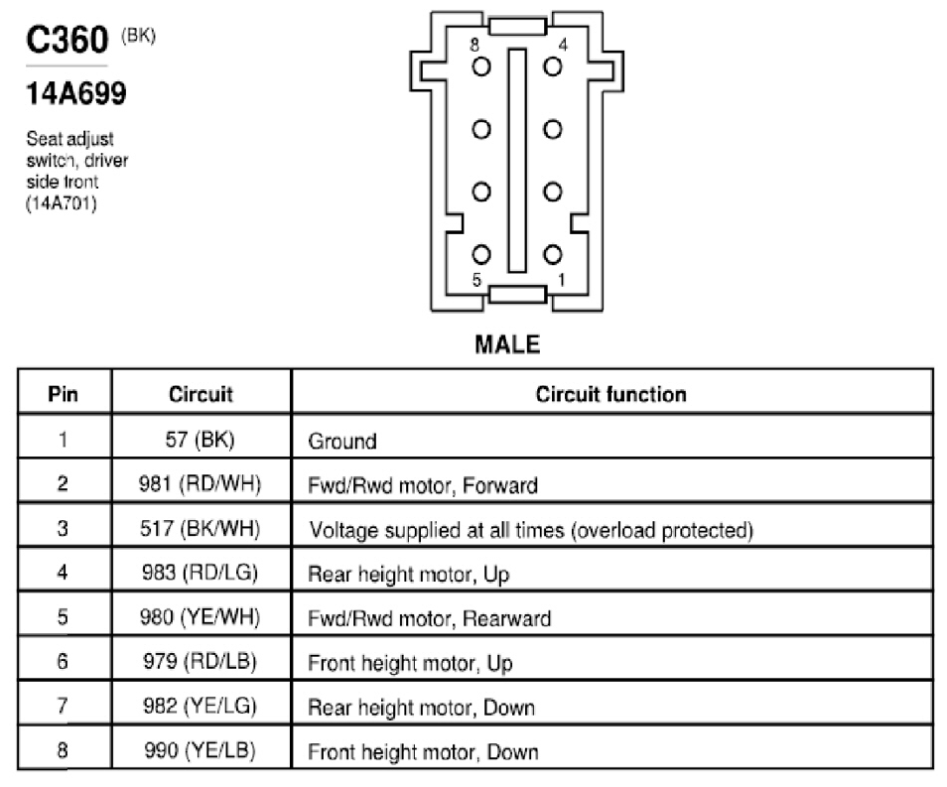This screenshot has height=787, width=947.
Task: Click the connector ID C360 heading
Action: click(x=68, y=40)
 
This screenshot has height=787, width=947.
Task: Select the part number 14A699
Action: click(x=76, y=93)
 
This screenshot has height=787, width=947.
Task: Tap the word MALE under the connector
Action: click(x=507, y=344)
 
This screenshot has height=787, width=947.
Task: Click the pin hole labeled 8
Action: click(x=481, y=66)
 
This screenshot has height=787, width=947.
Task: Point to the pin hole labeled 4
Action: click(x=553, y=66)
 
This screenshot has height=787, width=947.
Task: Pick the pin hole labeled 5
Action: click(x=481, y=254)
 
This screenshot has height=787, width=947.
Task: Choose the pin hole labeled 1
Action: click(x=553, y=254)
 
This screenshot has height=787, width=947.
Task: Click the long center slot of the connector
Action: click(x=517, y=161)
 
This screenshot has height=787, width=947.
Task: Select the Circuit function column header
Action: click(x=611, y=394)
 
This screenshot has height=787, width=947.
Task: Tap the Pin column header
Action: click(x=63, y=394)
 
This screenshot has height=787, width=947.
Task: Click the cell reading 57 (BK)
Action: click(x=200, y=439)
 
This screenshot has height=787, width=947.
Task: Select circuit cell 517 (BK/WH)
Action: click(x=200, y=529)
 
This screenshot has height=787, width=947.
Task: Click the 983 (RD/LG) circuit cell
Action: click(x=200, y=573)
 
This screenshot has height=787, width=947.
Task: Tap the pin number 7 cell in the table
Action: click(x=63, y=706)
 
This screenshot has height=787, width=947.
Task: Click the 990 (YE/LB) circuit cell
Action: click(x=200, y=750)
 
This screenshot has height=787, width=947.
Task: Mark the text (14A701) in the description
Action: click(x=61, y=203)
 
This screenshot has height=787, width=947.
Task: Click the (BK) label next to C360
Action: click(x=138, y=36)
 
